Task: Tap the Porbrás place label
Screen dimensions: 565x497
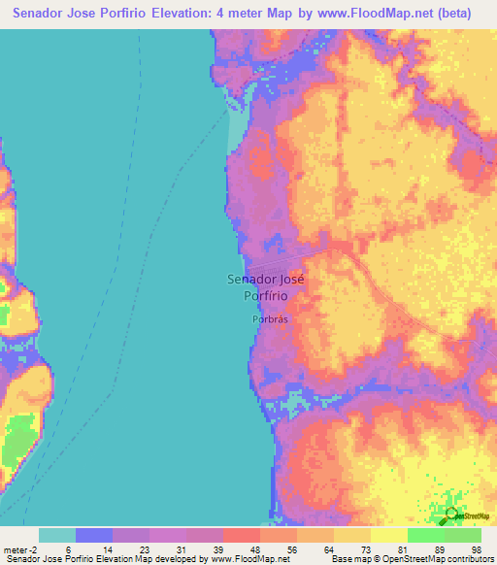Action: coord(266,317)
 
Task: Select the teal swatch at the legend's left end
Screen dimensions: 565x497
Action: coord(56,535)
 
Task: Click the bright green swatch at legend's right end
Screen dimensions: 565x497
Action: coord(463,535)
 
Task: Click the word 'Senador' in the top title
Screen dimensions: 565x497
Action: coord(39,13)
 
